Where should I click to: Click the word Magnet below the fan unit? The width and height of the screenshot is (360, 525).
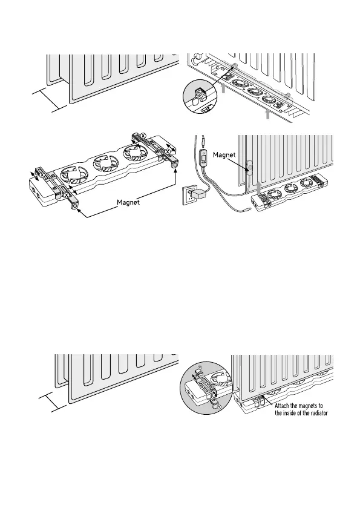click(x=128, y=202)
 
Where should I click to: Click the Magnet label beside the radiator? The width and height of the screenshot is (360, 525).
click(x=224, y=154)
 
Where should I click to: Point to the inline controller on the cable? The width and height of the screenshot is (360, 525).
click(x=204, y=157)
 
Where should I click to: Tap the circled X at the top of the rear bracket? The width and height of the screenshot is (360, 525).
click(x=143, y=136)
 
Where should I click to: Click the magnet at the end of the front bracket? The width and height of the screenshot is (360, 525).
click(x=74, y=207)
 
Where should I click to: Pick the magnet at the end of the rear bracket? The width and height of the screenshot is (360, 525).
click(x=174, y=165)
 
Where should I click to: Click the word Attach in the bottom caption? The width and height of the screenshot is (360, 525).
click(x=282, y=406)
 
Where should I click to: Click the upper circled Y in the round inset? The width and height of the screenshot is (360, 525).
click(x=200, y=368)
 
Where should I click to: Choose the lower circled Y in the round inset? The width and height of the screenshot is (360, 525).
click(x=219, y=406)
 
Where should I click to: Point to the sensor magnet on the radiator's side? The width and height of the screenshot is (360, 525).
click(x=249, y=167)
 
